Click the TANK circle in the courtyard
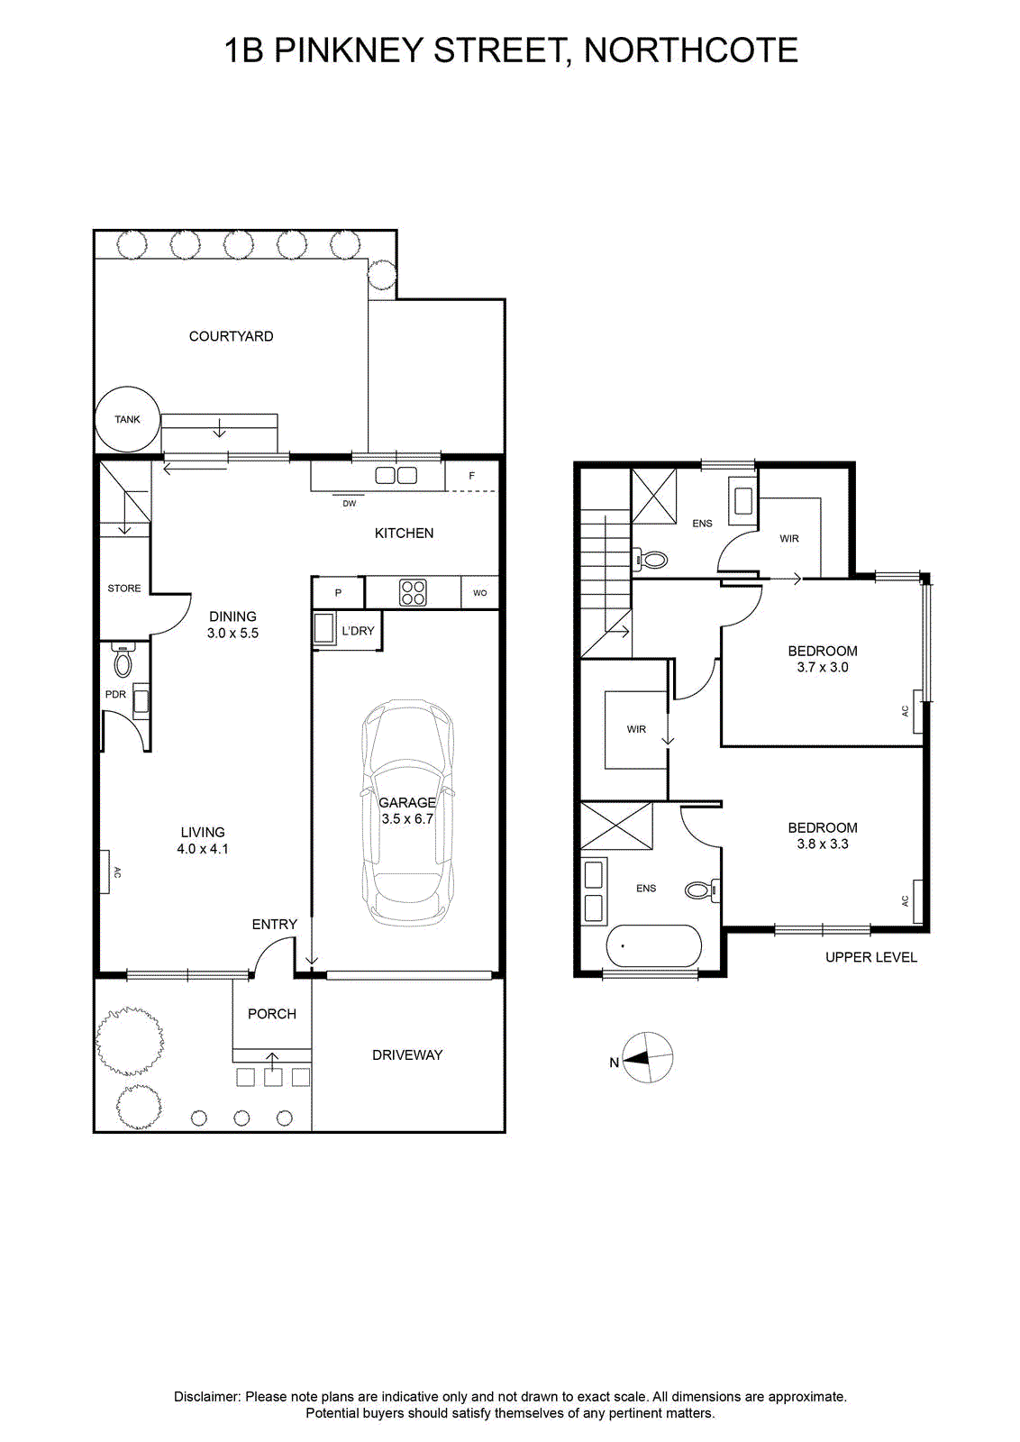click(127, 419)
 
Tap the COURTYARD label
click(231, 336)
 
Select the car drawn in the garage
click(407, 812)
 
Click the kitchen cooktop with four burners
click(413, 593)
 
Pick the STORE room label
click(124, 588)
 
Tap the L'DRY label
click(358, 631)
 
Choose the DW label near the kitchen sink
click(349, 504)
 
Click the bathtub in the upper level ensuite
click(653, 945)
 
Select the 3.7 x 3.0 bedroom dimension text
click(823, 668)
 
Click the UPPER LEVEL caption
click(870, 957)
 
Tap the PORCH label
click(272, 1014)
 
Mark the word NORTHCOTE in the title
click(690, 50)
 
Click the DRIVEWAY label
click(407, 1055)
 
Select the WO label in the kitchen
click(480, 593)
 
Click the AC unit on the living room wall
click(105, 872)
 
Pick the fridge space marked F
click(472, 477)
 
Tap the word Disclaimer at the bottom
click(206, 1397)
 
